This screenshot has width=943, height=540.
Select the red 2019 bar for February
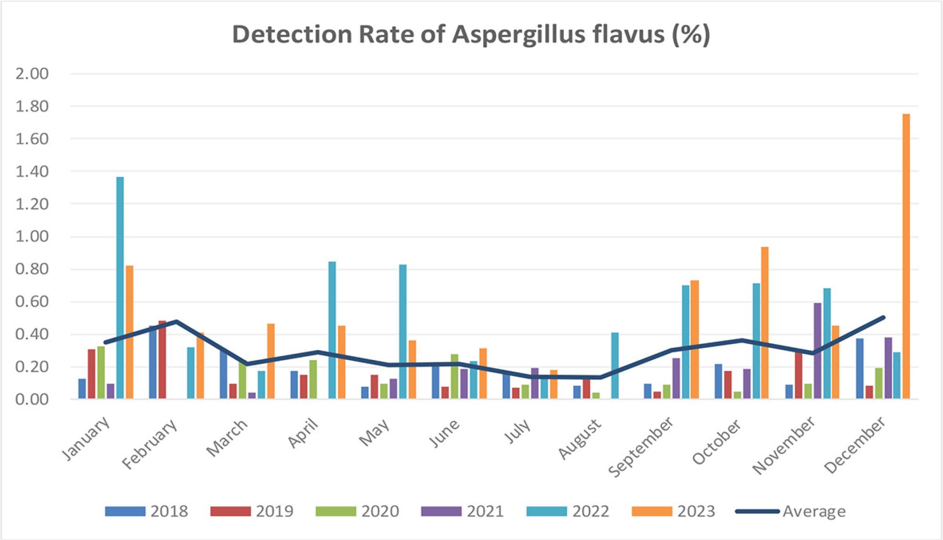[x=162, y=360]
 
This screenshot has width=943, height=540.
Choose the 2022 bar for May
[x=403, y=332]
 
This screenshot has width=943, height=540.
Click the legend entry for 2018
[x=146, y=511]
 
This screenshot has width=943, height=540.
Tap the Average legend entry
[x=791, y=511]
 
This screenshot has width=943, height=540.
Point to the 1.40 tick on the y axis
[x=32, y=172]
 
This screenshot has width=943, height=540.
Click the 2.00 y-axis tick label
[x=32, y=74]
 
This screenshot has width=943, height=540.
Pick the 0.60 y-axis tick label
[x=32, y=302]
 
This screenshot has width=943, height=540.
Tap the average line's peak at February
[x=176, y=321]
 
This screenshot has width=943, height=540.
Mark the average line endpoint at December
[x=883, y=318]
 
